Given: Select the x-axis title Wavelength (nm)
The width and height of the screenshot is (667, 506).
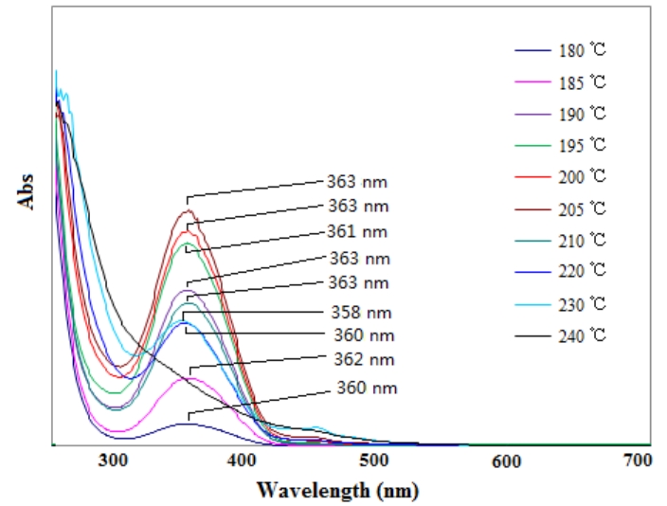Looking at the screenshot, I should (x=336, y=492).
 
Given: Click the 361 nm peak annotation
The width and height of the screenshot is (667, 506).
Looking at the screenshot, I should (x=355, y=231).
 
